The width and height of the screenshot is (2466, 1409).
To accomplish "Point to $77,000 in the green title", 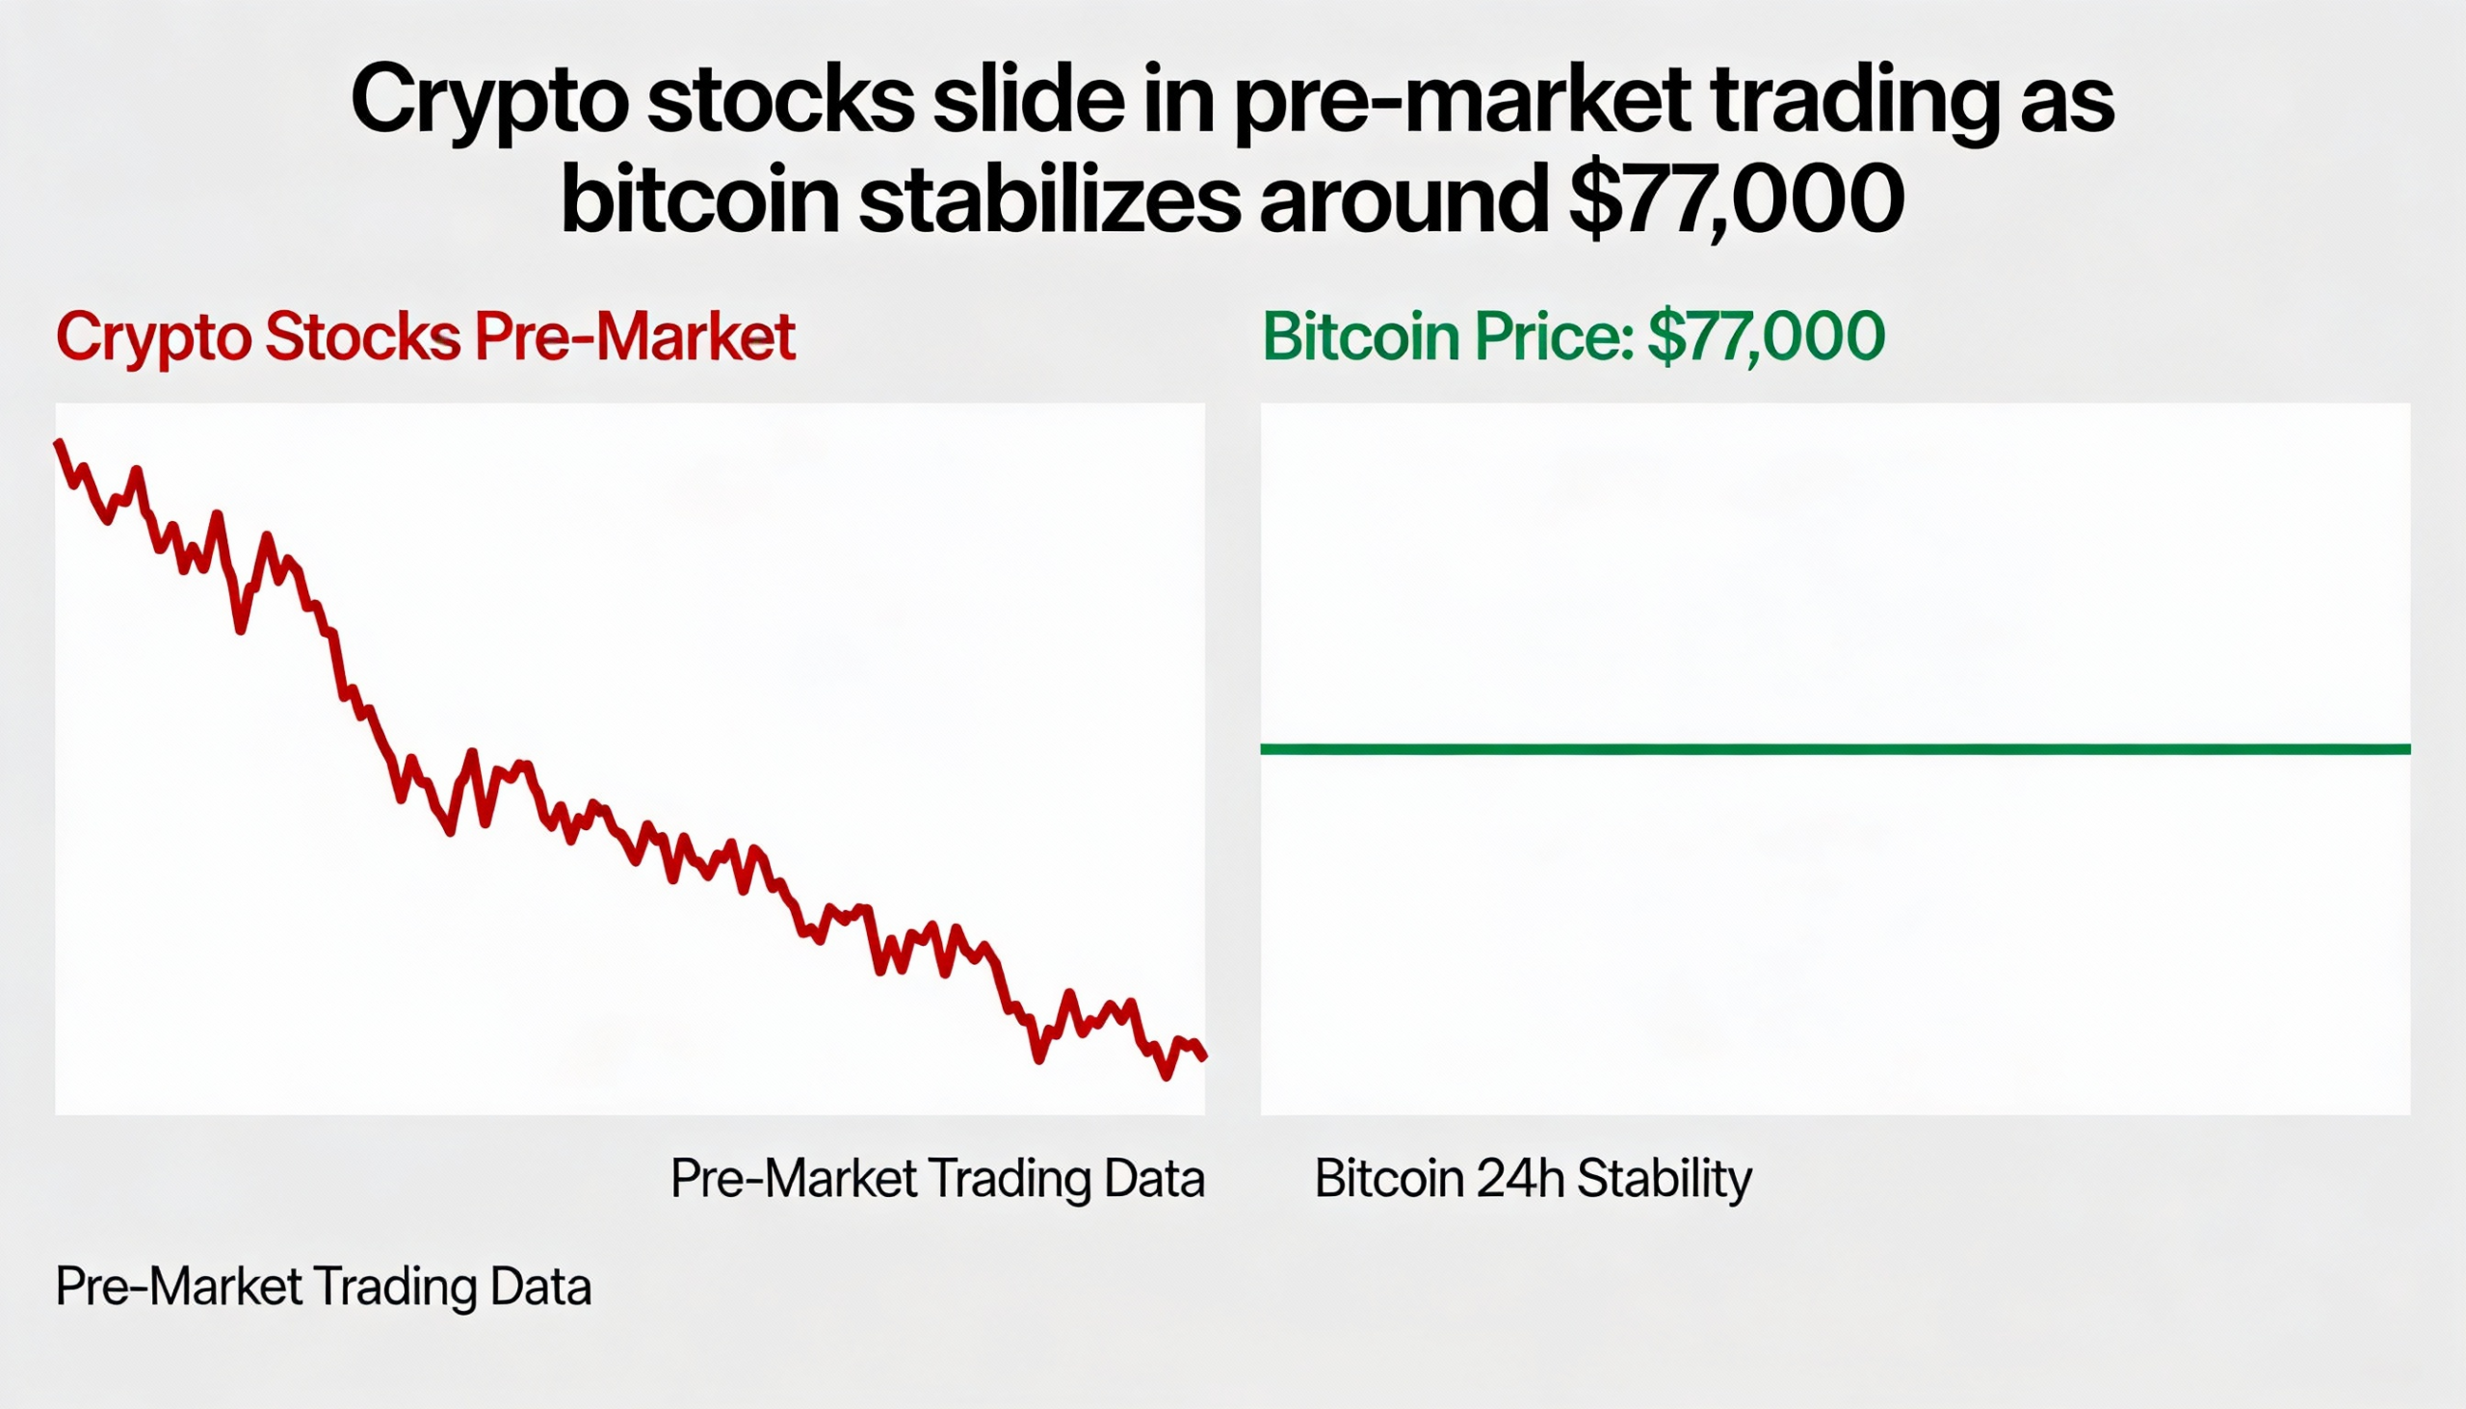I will pyautogui.click(x=1766, y=337).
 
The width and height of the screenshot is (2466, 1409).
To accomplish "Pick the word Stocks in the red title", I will pyautogui.click(x=363, y=337).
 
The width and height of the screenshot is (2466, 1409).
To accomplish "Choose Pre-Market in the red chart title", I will pyautogui.click(x=635, y=337).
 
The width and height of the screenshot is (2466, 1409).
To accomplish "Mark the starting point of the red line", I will pyautogui.click(x=59, y=443).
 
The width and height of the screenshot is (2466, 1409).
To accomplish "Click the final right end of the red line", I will pyautogui.click(x=1203, y=1057).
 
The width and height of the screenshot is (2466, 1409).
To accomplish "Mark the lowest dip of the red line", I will pyautogui.click(x=1167, y=1075).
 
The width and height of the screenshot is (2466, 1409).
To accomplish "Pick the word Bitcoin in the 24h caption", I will pyautogui.click(x=1389, y=1179).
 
